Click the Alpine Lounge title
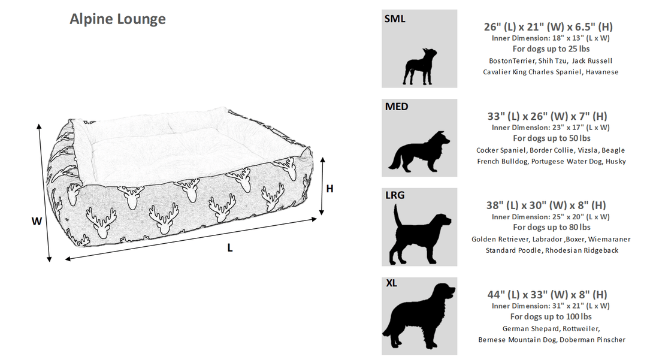point(117,19)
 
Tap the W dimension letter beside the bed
point(37,222)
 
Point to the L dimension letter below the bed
point(230,247)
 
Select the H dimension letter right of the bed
point(329,189)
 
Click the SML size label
point(395,19)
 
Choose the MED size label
point(397,107)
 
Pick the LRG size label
point(395,195)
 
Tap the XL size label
point(391,283)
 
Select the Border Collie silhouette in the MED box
point(419,152)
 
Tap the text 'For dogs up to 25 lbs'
point(551,49)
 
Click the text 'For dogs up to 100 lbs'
point(551,317)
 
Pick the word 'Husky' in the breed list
point(615,162)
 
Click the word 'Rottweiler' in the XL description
point(581,329)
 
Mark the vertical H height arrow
point(322,186)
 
